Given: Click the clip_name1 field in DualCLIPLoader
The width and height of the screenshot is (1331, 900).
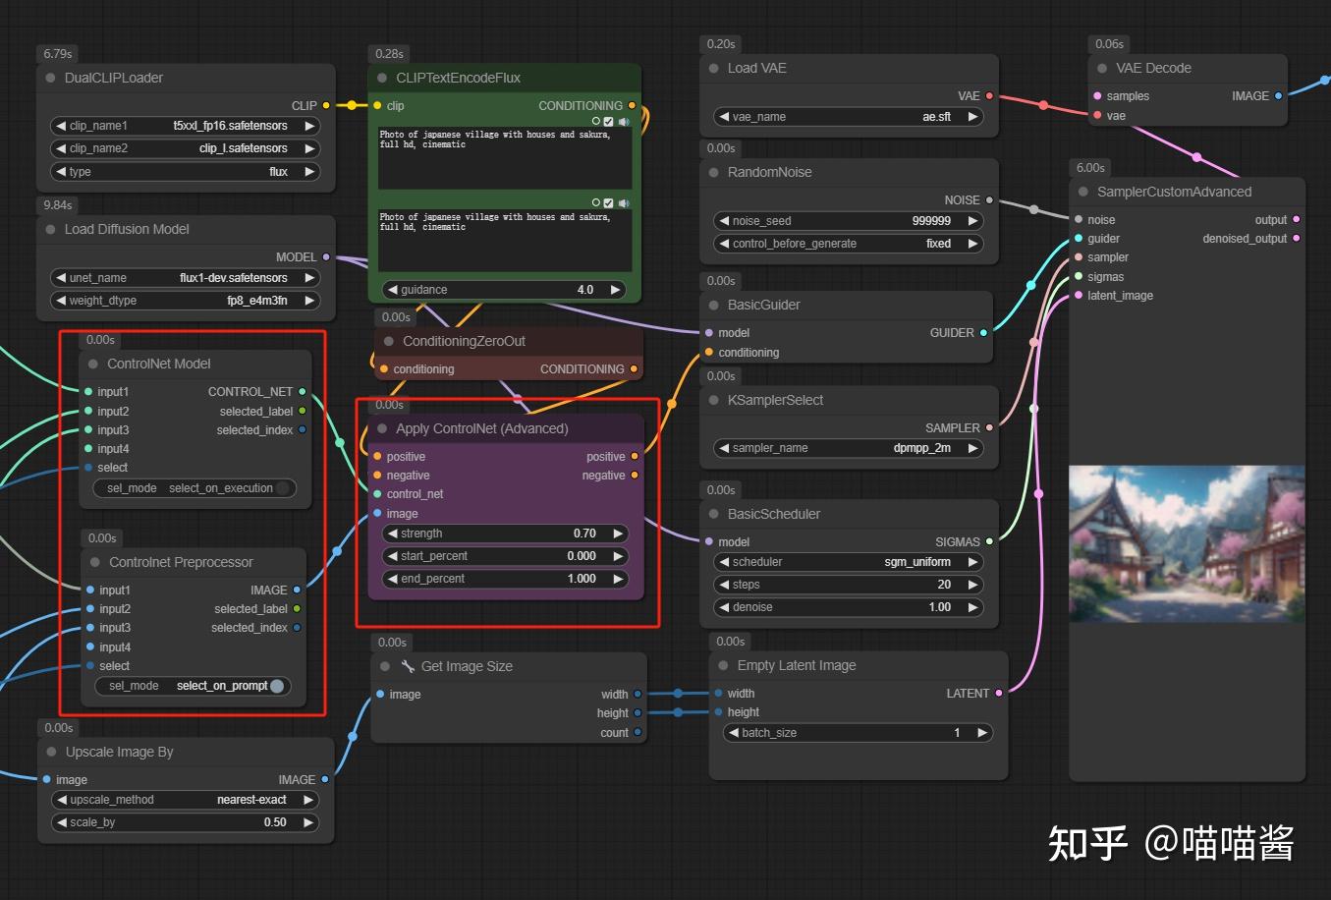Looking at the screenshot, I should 185,126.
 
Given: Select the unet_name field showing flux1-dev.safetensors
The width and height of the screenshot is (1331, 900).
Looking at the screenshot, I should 185,278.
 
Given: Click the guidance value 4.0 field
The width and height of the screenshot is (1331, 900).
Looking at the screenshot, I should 505,290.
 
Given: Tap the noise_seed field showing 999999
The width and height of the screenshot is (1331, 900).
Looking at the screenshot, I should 848,221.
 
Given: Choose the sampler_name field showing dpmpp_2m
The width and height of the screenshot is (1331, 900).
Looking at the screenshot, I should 848,448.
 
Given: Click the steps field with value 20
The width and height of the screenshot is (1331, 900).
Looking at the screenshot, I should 848,585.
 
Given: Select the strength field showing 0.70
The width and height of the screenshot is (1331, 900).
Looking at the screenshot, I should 505,534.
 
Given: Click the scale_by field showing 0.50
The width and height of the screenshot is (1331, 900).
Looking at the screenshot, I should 185,822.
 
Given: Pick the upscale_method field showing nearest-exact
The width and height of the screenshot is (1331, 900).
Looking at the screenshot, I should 185,800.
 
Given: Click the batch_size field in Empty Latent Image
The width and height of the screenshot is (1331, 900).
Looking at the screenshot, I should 858,733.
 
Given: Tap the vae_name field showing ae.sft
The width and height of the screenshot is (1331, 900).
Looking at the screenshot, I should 848,117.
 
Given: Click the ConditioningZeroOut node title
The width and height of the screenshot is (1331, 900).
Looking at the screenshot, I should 464,341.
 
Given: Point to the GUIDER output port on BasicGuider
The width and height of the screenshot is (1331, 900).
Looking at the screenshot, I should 983,333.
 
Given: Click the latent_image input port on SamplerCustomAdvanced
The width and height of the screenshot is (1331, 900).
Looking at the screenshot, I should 1079,296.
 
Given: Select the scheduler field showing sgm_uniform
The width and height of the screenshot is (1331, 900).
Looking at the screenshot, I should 848,562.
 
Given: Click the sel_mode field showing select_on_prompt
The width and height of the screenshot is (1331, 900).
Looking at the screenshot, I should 194,686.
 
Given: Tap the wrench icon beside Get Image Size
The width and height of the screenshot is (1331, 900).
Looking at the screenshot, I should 408,666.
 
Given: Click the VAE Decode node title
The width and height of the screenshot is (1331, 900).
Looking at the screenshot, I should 1153,68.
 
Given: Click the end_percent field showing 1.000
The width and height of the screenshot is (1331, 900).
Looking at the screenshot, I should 505,579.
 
